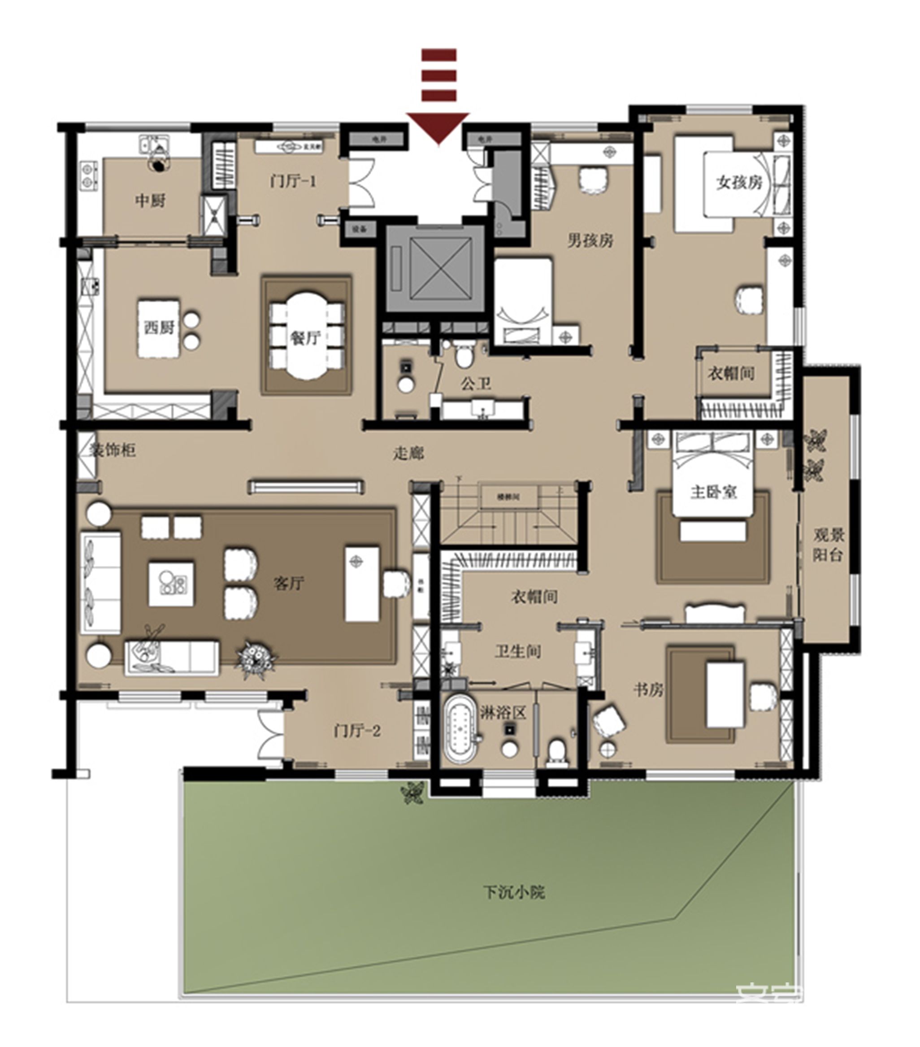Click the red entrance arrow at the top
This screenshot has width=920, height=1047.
coord(438,126)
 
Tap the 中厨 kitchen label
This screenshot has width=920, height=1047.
coord(150,200)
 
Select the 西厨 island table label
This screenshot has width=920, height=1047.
coord(159,327)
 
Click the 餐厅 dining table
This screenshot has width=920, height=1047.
coord(306,336)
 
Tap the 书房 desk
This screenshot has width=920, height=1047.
coord(724,694)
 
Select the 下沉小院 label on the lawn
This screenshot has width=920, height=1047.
coord(514,892)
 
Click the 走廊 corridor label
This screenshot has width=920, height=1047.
coord(408,453)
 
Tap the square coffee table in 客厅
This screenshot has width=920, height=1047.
coord(171,584)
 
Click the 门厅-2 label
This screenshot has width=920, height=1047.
coord(357,730)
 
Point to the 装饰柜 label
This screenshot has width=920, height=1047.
coord(113,450)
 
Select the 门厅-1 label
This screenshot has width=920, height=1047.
coord(293,181)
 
